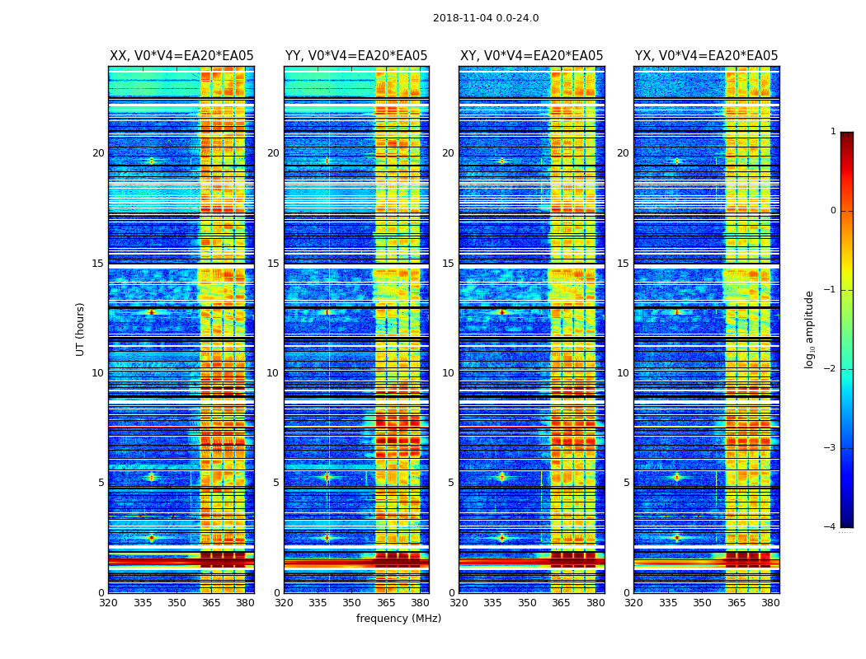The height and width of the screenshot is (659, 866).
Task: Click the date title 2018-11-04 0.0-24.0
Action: tap(486, 18)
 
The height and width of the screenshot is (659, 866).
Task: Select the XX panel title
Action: tap(181, 56)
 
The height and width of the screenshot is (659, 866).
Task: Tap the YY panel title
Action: tap(356, 56)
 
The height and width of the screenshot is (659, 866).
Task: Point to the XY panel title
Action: tap(531, 56)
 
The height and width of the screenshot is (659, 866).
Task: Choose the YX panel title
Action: tap(706, 56)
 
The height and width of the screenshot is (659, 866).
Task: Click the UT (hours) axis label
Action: tap(80, 329)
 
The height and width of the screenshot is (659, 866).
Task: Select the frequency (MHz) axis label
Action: tap(398, 619)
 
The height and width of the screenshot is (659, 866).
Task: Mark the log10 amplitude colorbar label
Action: tap(810, 329)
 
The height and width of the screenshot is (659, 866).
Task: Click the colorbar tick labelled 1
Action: tap(833, 132)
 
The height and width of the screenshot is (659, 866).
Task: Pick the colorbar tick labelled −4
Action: tap(831, 527)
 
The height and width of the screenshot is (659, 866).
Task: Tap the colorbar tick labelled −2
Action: tap(831, 369)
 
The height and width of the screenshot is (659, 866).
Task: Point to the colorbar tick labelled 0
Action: tap(833, 211)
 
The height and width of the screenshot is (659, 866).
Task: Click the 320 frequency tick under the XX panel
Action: tap(108, 603)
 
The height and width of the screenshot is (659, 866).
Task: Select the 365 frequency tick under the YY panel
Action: tap(386, 603)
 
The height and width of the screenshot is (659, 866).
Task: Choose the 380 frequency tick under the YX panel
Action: tap(770, 603)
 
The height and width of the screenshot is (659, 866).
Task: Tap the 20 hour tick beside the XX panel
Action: tap(98, 153)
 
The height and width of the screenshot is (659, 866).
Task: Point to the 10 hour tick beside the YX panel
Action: tap(623, 373)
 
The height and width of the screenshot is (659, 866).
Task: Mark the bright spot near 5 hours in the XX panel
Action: tap(151, 477)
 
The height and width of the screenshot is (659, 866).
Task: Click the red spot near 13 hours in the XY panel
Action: tap(501, 312)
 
